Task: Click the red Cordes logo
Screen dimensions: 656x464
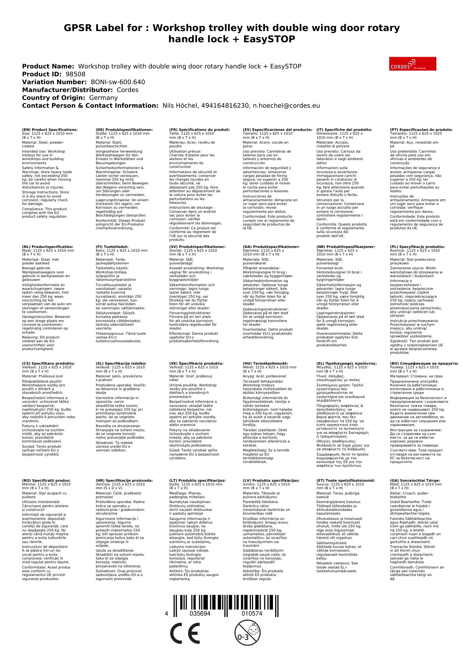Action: (x=412, y=64)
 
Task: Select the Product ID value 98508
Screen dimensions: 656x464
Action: (x=75, y=74)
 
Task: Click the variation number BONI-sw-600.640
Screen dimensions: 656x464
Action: (x=118, y=82)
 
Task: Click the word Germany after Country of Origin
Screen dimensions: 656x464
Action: (x=103, y=98)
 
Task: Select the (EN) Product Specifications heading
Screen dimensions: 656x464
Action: (x=50, y=130)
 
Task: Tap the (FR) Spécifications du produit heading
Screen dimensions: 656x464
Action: (x=199, y=130)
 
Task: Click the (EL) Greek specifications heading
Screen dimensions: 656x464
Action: (x=346, y=363)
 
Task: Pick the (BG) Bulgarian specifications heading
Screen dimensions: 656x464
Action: (x=424, y=363)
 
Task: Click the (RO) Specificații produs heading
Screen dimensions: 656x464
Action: (x=46, y=480)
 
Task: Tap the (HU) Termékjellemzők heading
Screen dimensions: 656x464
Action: (x=265, y=363)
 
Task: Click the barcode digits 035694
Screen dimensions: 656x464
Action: (x=200, y=614)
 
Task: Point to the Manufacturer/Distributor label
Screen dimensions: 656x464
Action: (x=67, y=90)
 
